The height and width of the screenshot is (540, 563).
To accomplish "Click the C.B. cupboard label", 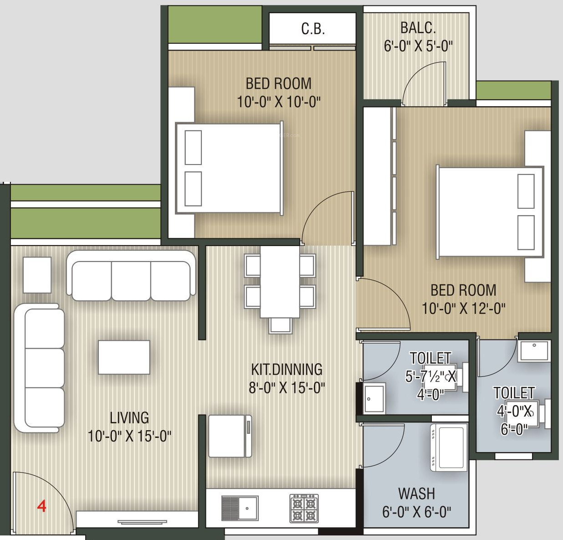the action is click(x=313, y=29).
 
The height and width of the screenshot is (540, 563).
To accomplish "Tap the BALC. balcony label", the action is click(x=418, y=28).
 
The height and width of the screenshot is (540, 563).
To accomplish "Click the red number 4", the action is click(x=41, y=506).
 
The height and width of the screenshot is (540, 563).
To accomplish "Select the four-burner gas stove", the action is click(x=304, y=509).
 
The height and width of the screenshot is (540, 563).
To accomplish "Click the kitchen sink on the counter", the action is click(x=240, y=509).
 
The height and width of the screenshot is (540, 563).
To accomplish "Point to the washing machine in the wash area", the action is click(x=448, y=447).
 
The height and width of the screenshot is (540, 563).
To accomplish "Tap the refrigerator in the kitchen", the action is click(x=230, y=436).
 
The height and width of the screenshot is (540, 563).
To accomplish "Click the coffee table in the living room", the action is click(x=124, y=357).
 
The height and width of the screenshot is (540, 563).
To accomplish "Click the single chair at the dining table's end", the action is click(x=280, y=325).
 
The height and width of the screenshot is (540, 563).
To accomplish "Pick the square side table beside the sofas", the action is click(x=37, y=275).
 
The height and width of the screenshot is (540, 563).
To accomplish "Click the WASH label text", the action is click(x=417, y=494).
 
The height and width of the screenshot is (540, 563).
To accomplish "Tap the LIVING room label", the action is click(x=129, y=417).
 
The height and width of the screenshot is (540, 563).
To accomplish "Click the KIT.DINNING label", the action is click(x=287, y=369).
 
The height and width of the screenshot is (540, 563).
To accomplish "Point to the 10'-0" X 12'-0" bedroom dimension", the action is click(x=464, y=309).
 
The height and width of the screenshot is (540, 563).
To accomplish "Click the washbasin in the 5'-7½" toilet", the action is click(x=374, y=398).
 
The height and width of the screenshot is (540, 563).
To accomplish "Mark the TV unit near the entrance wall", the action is click(x=142, y=521).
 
